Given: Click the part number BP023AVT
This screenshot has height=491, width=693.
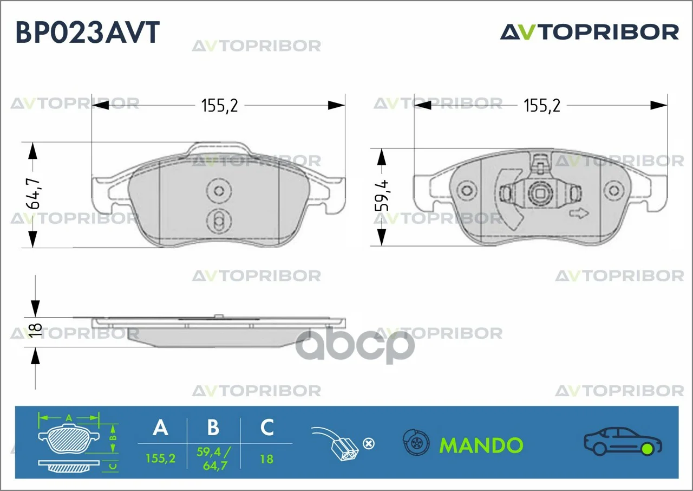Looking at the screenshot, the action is coord(88,32).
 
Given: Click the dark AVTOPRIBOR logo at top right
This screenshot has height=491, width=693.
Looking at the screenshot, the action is coord(590,33).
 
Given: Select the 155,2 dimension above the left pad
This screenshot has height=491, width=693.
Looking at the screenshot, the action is coord(219,106).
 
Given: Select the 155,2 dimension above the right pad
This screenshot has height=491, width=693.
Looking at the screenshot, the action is coord(542,106).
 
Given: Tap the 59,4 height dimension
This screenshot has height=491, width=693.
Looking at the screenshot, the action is coord(382,196).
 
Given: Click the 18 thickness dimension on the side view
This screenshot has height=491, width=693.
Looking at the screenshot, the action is coord(35,331).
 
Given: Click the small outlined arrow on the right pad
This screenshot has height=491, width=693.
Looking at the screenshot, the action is coord(579,214).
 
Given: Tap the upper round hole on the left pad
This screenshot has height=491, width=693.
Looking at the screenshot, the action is coord(219,191).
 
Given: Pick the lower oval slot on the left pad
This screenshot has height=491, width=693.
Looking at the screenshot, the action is coord(219,221).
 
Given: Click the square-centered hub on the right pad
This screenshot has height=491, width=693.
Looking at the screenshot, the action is coord(540,193).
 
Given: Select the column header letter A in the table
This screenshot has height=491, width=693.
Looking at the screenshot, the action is coord(161,428).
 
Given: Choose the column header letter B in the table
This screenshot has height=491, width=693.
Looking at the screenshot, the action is coord(213,428).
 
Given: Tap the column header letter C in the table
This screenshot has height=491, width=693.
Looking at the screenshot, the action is coord(267,428).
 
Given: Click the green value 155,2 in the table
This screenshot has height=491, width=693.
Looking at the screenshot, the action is coord(161,458).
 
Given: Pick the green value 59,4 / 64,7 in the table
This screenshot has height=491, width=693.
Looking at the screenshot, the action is coord(214,458).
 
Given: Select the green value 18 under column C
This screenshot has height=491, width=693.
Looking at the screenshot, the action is coord(267,459).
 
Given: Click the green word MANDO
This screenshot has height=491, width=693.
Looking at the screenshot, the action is coord(481,445).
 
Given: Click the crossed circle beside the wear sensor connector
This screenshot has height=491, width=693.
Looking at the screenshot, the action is coord(369,444).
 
